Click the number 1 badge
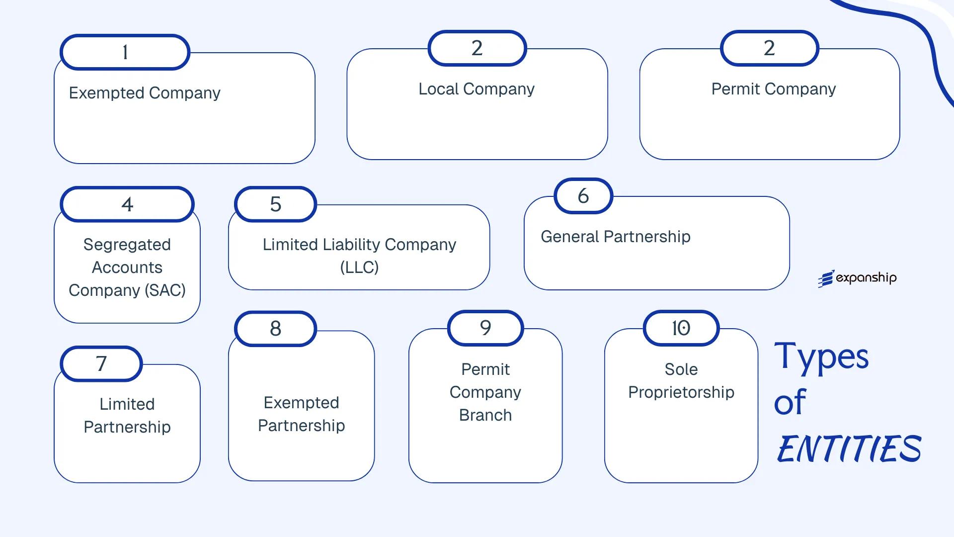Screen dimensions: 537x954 coord(125,52)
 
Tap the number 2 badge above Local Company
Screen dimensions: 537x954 coord(477,48)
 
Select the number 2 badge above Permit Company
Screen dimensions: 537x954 coord(769,48)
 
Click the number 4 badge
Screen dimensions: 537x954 coord(127,204)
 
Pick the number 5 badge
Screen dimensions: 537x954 coord(275,204)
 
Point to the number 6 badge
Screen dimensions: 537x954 coord(583,196)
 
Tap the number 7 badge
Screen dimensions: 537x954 coord(101,363)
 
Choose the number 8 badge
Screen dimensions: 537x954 coord(275,328)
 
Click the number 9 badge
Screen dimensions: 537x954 coord(485,328)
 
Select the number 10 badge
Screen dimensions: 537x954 coord(681,328)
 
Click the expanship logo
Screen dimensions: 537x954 coord(858,278)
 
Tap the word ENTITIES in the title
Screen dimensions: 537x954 coord(849,448)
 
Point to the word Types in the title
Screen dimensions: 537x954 coord(821,357)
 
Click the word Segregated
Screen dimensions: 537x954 coord(127,245)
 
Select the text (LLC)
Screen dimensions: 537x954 coord(359,268)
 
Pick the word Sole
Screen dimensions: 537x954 coord(681,369)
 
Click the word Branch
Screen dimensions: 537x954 coord(485,415)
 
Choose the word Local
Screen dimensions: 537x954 coord(438,89)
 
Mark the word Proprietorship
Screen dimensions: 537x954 coord(681,392)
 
